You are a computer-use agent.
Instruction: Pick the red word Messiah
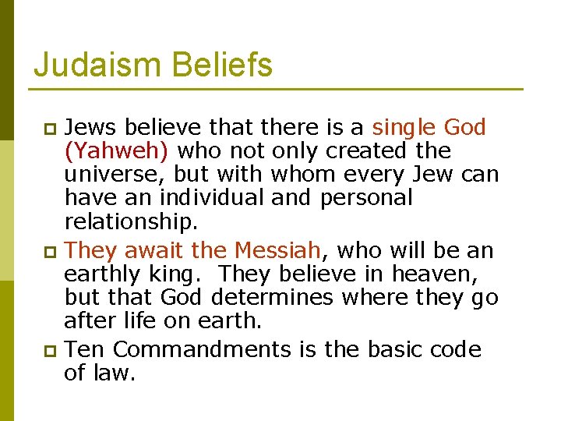tap(277, 250)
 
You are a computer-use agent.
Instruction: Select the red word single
tap(404, 127)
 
